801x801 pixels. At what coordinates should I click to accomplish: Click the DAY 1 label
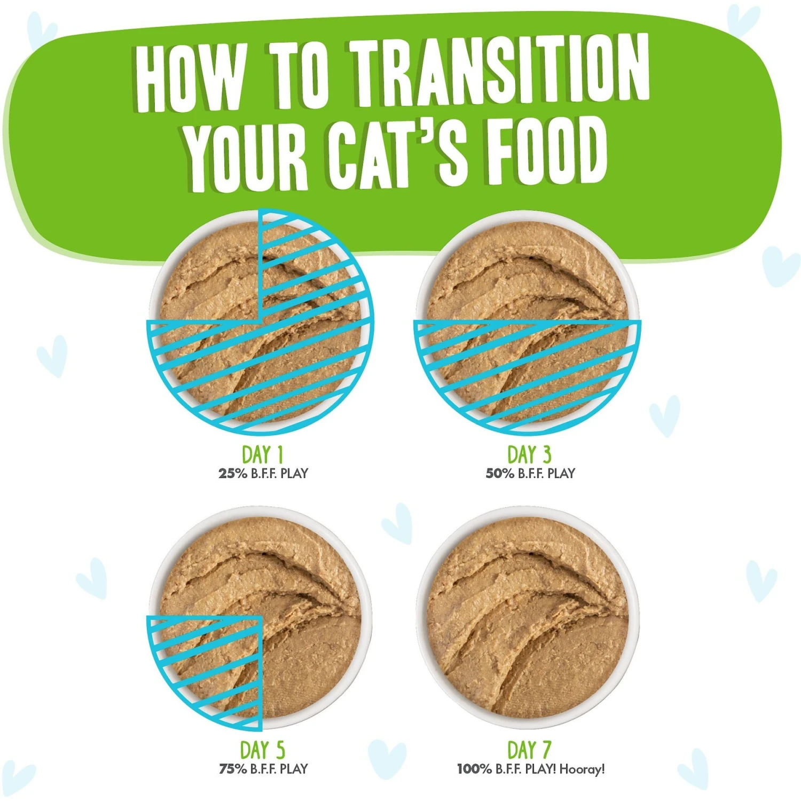coord(262,455)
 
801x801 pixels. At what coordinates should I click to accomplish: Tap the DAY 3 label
coord(529,455)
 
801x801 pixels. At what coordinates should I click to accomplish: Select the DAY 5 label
coord(262,750)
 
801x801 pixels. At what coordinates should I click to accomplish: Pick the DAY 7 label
coord(529,750)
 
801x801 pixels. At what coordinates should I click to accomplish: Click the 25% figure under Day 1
coord(232,474)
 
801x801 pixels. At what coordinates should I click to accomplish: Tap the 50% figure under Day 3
coord(499,474)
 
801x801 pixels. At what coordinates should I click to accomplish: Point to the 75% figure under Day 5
coord(232,769)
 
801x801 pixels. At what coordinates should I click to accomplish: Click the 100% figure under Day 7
coord(474,769)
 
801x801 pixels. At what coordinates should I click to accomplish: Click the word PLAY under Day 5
coord(294,769)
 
